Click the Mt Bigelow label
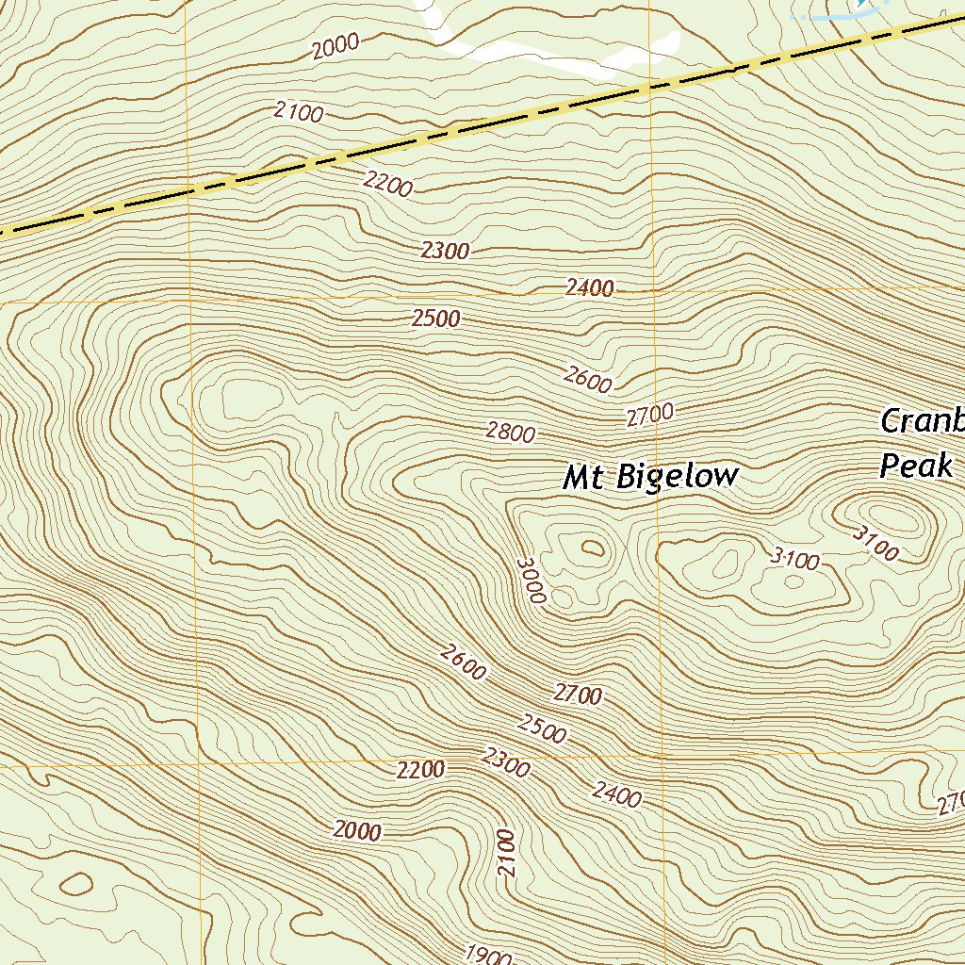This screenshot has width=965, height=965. pos(650,477)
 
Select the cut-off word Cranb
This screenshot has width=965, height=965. pos(922,420)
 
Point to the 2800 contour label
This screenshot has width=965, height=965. pos(512,433)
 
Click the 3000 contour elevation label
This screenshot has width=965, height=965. pos(532,580)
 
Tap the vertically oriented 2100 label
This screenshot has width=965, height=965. pos(508,854)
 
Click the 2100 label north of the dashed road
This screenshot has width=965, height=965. pos(300,113)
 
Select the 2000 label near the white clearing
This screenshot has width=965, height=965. pos(336,45)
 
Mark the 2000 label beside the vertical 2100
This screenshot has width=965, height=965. pos(357,831)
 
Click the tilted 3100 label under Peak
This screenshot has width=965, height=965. pos(875,542)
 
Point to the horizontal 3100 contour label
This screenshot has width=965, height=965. pos(794,560)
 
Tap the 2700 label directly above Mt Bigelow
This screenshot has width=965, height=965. pos(650,414)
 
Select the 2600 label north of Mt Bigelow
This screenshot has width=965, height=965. pos(588,379)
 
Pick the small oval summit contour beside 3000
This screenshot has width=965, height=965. pos(592,548)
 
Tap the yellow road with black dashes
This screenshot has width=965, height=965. pos(471,129)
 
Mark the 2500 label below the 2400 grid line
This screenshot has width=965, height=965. pos(436,319)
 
